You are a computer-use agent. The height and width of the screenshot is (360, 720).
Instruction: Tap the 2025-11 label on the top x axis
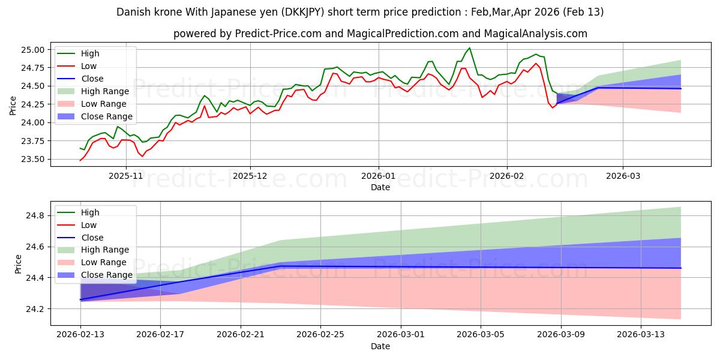pyautogui.click(x=125, y=176)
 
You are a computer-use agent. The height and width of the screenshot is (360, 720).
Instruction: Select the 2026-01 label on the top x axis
pyautogui.click(x=378, y=176)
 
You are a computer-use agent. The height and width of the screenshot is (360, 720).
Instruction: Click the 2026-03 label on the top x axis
pyautogui.click(x=622, y=176)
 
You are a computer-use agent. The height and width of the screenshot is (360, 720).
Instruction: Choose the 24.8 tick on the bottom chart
pyautogui.click(x=37, y=215)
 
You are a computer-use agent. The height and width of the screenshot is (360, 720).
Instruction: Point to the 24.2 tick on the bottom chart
pyautogui.click(x=37, y=309)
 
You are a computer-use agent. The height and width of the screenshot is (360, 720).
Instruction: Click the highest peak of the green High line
pyautogui.click(x=469, y=48)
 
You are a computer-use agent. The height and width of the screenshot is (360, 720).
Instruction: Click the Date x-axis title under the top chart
pyautogui.click(x=380, y=187)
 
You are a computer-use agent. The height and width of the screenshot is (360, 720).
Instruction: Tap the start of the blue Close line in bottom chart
pyautogui.click(x=80, y=299)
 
